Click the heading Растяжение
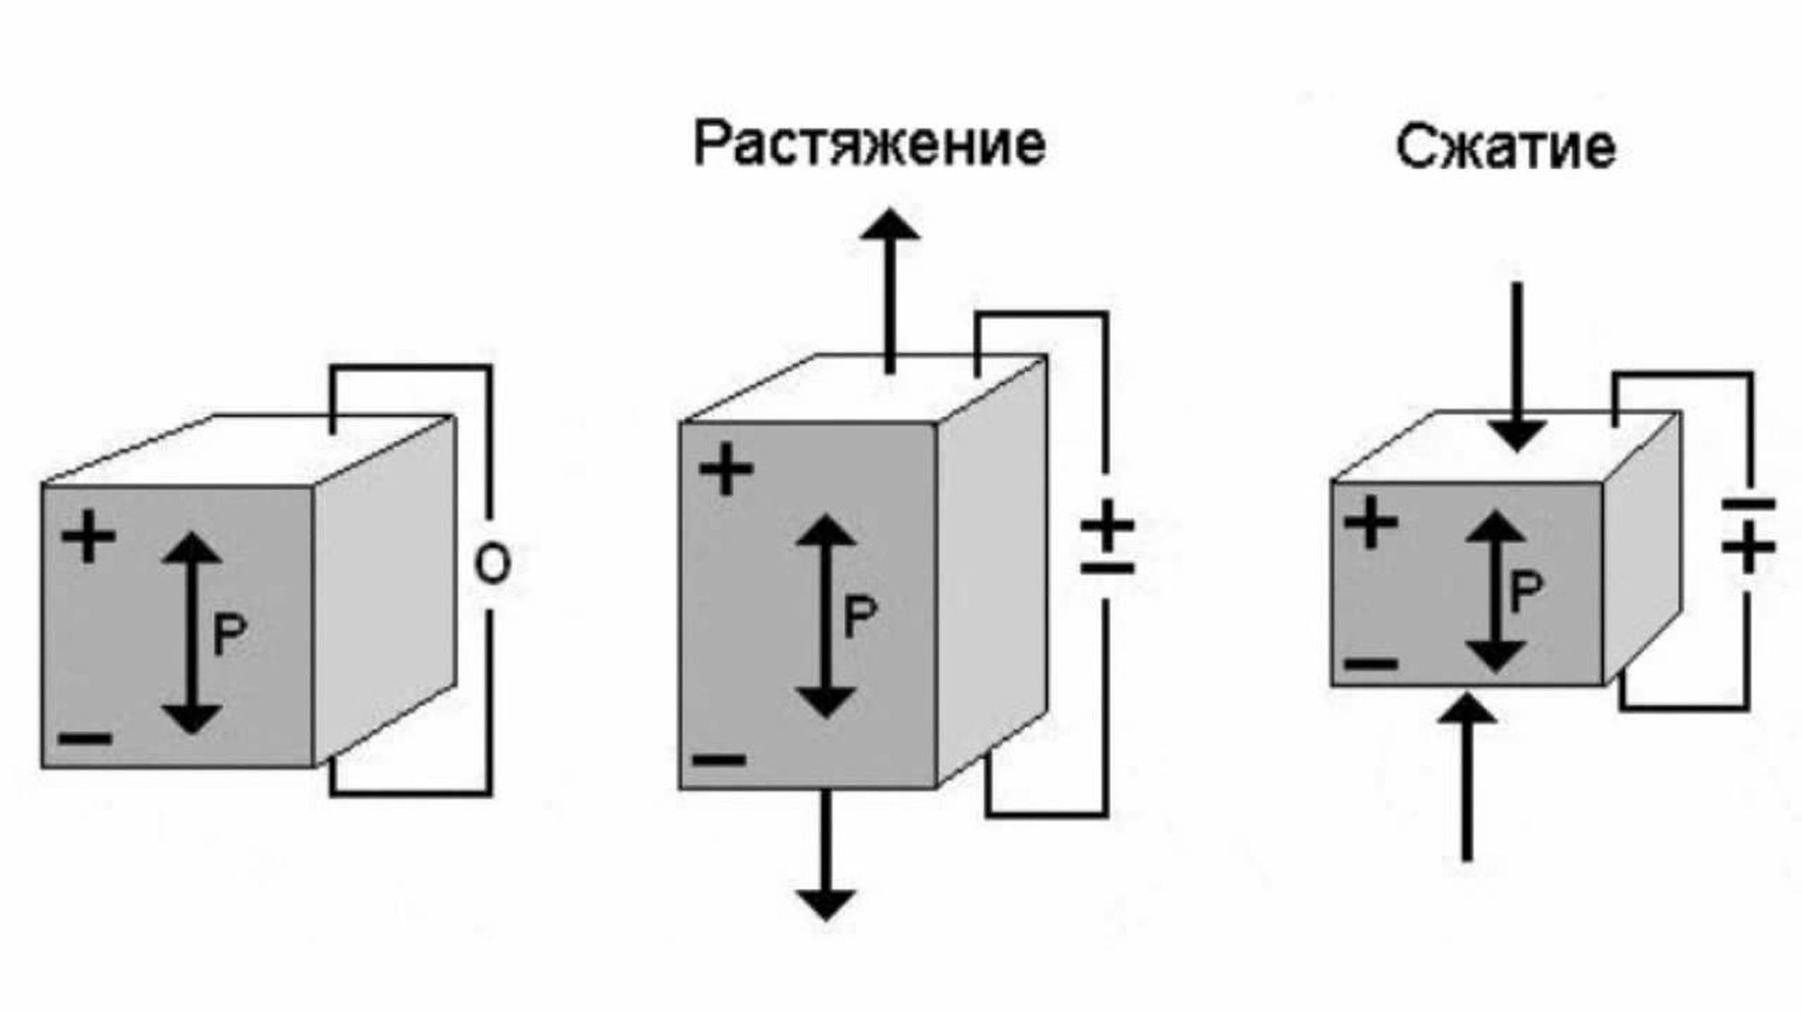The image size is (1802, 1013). click(869, 144)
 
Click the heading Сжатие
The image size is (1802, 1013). click(1506, 148)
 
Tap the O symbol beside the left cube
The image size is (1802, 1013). click(492, 565)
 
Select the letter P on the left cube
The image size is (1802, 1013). click(229, 634)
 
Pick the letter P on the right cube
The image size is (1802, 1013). click(1525, 592)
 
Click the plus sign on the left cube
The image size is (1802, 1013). click(88, 537)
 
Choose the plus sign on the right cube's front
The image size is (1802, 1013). click(1370, 522)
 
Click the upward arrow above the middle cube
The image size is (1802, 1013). click(889, 288)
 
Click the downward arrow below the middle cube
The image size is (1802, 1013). click(826, 855)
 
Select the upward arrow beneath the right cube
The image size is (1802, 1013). click(1468, 774)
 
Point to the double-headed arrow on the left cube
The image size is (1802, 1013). click(192, 632)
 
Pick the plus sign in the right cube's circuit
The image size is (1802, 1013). click(1748, 545)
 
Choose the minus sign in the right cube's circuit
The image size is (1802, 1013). click(1748, 504)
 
